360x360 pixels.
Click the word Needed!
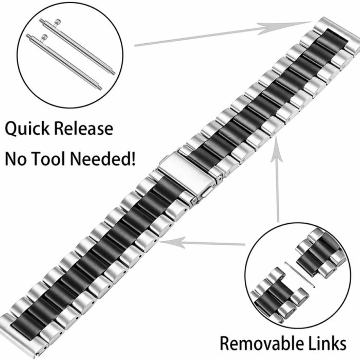point(106,158)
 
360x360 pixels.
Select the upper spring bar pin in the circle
point(77,44)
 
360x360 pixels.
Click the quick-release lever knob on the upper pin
point(59,22)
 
